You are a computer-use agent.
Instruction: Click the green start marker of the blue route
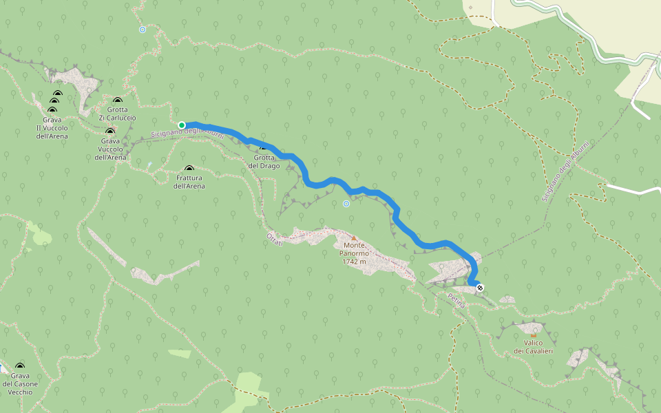[182, 125]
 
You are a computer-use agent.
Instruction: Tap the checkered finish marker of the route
[480, 287]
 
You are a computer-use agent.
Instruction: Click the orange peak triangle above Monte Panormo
[354, 238]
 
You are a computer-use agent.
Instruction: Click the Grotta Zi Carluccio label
[117, 114]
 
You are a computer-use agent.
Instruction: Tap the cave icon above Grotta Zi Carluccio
[117, 100]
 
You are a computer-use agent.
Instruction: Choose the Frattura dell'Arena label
[189, 182]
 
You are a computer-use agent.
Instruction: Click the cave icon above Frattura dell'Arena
[189, 169]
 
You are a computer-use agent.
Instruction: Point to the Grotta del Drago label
[264, 162]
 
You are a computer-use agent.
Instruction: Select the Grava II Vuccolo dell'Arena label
[52, 127]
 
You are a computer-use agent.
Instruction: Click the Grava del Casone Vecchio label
[19, 383]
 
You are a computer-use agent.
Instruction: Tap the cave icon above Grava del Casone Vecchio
[19, 367]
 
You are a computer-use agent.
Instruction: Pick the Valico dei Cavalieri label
[534, 347]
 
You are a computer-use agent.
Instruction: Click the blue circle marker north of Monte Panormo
[346, 204]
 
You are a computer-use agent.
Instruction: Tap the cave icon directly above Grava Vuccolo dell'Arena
[110, 131]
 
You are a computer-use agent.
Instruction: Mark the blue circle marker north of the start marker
[143, 30]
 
